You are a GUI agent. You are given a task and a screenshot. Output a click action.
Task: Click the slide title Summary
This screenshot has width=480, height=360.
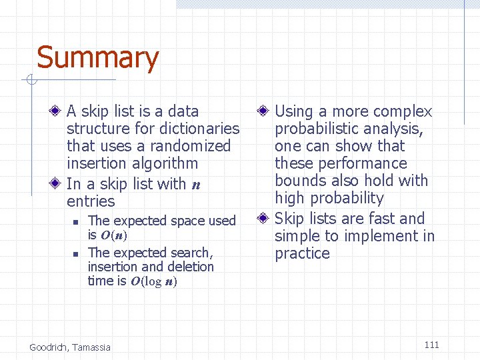[x=97, y=58]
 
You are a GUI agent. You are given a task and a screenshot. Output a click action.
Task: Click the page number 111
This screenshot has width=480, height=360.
[x=431, y=345]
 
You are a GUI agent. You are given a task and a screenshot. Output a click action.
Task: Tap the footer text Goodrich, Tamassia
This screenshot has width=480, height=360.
[x=70, y=347]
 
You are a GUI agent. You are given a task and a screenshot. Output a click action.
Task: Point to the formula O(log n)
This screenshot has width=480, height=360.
[x=153, y=281]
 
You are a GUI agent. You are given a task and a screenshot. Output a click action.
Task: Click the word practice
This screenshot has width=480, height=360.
[x=302, y=253]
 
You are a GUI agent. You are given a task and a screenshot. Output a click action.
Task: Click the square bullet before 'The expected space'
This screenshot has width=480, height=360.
[x=76, y=221]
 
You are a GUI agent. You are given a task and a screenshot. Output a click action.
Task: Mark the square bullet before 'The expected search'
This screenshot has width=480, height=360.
[x=76, y=253]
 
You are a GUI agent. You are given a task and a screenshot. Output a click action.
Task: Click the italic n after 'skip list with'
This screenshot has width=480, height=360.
[x=196, y=185]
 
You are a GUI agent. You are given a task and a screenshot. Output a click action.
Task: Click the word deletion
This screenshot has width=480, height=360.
[x=192, y=267]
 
